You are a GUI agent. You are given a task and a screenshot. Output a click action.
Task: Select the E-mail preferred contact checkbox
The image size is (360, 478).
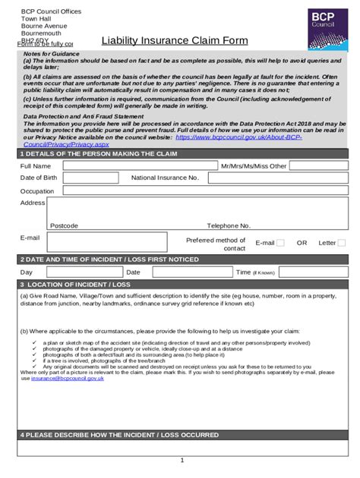tap(280, 243)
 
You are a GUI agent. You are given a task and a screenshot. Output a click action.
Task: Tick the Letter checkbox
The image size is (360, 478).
tap(342, 243)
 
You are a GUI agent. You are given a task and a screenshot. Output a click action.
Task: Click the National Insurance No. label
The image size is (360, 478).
tap(165, 178)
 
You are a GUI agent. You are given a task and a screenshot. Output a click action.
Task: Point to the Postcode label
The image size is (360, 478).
tap(64, 226)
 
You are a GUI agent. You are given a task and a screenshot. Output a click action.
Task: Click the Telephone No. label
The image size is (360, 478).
tap(229, 226)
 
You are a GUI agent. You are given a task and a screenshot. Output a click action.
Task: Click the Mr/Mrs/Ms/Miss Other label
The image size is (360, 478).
tap(254, 166)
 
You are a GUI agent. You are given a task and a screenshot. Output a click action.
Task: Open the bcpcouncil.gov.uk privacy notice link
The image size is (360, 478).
tap(238, 138)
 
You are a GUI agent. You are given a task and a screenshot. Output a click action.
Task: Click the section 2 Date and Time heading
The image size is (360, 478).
tap(109, 259)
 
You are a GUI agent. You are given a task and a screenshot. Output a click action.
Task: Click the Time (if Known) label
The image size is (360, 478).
tap(254, 272)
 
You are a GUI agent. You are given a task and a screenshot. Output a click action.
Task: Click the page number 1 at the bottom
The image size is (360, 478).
tap(182, 461)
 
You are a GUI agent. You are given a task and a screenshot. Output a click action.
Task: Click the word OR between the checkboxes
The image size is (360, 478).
tap(302, 243)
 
